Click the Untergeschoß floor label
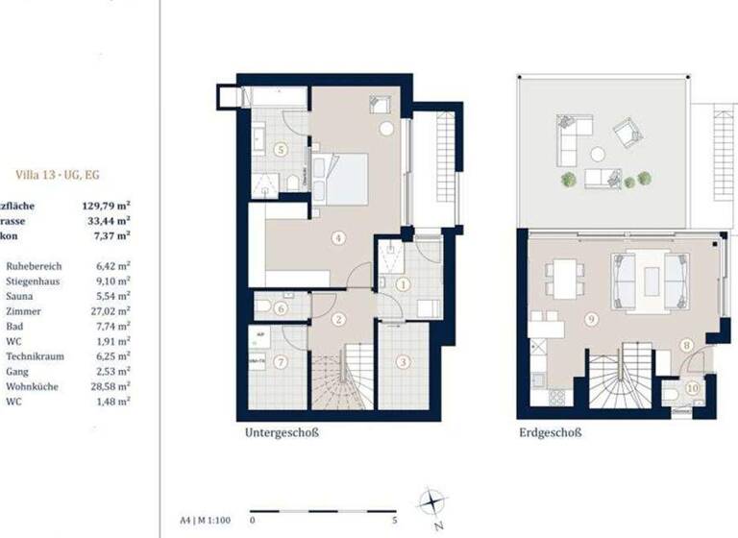[x=282, y=433]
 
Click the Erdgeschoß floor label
[x=552, y=433]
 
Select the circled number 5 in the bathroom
[x=281, y=149]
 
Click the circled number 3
[x=403, y=361]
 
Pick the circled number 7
[x=281, y=362]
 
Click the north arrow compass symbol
[x=433, y=502]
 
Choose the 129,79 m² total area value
[x=107, y=204]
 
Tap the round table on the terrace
[x=598, y=154]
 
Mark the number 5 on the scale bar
[x=396, y=520]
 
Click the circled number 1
[x=403, y=283]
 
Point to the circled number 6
[x=281, y=308]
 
